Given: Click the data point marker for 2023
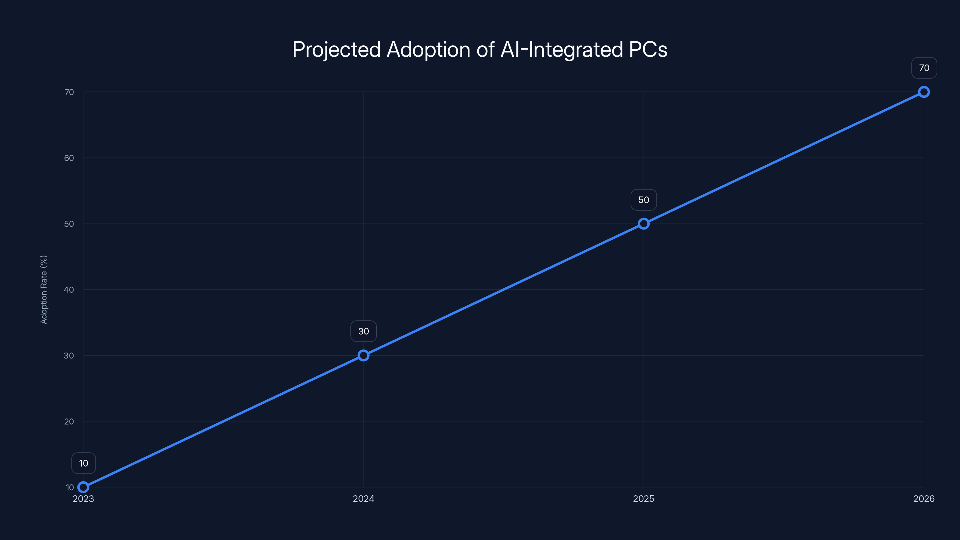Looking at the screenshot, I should coord(83,487).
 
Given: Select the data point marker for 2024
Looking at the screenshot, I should coord(363,355).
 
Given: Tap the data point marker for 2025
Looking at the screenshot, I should coord(643,223).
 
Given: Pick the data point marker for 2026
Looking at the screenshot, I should coord(924,92).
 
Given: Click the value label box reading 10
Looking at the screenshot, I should coord(83,463).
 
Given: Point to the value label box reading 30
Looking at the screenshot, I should coord(363,331).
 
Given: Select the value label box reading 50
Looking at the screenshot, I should coord(643,200).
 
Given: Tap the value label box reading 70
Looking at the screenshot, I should coord(924,68).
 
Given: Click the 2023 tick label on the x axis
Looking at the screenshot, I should coord(83,499).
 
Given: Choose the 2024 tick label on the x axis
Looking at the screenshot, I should coord(363,499).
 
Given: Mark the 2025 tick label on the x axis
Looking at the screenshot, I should coord(643,499).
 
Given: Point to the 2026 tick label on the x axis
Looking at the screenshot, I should coord(924,499).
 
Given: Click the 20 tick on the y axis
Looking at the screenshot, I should coord(69,421).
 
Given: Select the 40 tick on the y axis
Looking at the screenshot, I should coord(69,289).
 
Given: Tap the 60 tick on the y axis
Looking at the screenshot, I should coord(69,158).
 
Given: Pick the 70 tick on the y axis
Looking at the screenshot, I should coord(69,92).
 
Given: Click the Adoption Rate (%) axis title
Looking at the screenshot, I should coord(43,289).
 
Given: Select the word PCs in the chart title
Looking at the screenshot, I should coord(648,49).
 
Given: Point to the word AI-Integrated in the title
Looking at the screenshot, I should coord(562,49).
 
